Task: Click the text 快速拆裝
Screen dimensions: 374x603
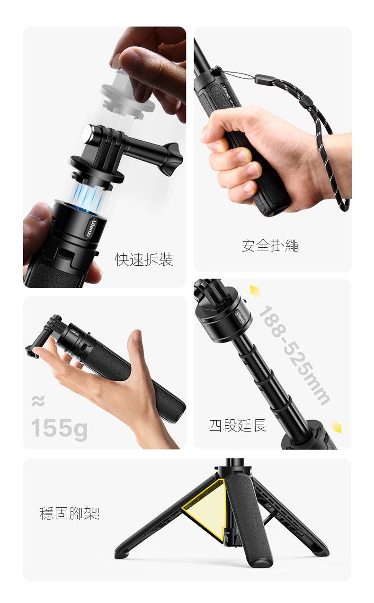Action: [144, 260]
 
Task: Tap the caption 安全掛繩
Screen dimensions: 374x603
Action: [270, 245]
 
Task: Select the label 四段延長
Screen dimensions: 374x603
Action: [238, 425]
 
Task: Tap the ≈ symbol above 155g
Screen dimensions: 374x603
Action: [38, 401]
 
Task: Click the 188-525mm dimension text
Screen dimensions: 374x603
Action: [294, 355]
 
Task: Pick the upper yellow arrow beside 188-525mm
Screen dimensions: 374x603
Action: [255, 291]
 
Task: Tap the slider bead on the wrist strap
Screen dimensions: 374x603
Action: [305, 99]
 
